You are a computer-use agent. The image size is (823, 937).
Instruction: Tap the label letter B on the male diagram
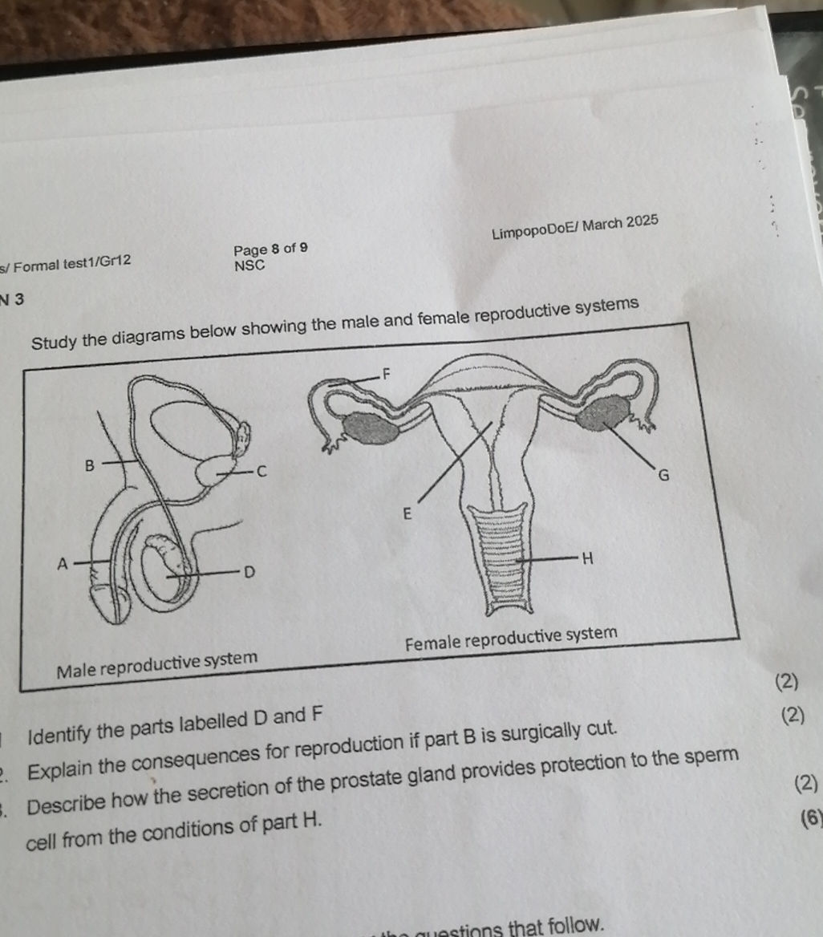click(90, 464)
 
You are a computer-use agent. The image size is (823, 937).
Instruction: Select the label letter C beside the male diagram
click(260, 472)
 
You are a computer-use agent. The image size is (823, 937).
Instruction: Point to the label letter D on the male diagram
click(249, 573)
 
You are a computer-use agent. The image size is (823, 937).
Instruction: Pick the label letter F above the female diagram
click(387, 373)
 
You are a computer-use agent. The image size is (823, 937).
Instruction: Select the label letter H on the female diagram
click(586, 558)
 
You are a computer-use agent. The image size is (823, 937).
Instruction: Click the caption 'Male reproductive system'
click(157, 663)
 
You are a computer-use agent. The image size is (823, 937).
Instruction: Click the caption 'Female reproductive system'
click(512, 639)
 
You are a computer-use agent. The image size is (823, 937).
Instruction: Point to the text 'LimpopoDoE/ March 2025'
click(574, 227)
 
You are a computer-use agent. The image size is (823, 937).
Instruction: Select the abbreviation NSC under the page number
click(249, 265)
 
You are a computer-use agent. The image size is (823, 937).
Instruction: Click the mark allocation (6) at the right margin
click(812, 818)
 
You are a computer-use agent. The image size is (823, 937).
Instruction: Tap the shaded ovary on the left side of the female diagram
click(371, 429)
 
